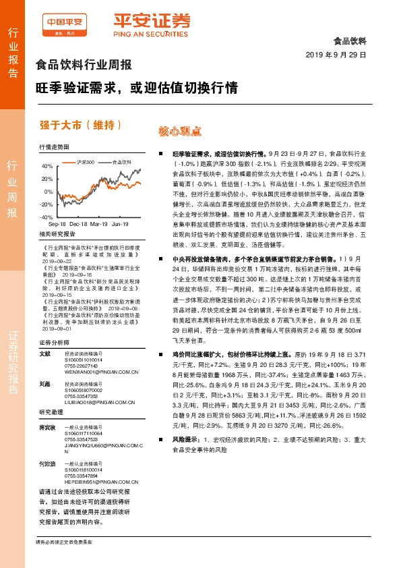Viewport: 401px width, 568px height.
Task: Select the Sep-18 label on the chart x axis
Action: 57,223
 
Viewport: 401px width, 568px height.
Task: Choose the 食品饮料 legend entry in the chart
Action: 122,162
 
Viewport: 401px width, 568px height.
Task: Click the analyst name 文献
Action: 44,353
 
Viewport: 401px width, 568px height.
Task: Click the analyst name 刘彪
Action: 44,383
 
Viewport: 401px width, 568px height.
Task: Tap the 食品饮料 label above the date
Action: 350,40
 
